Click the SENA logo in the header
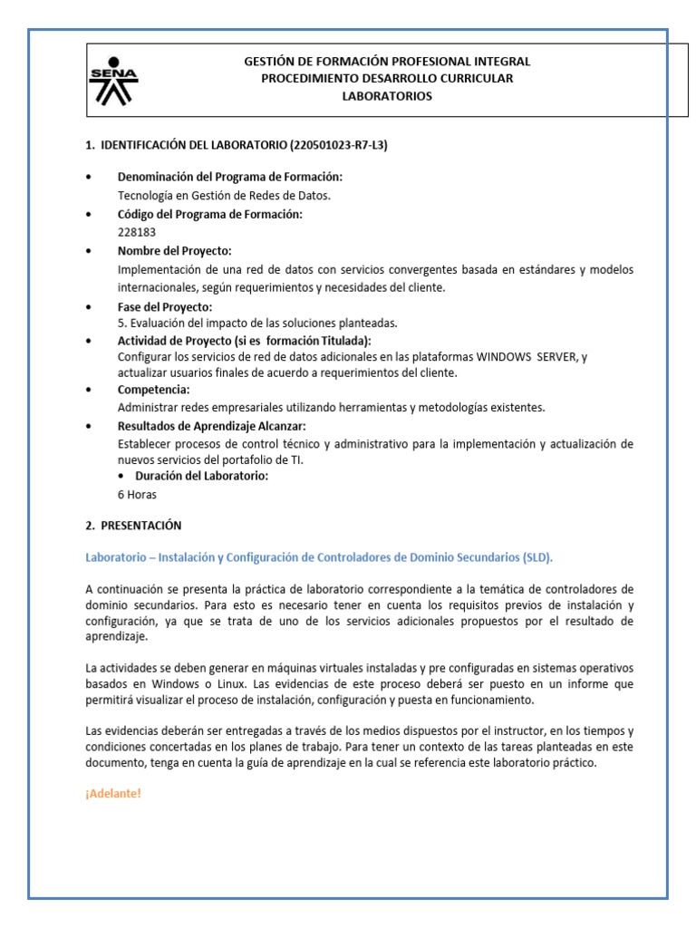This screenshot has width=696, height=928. (x=114, y=81)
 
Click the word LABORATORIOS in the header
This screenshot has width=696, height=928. (x=387, y=96)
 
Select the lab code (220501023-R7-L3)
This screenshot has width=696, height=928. (x=338, y=145)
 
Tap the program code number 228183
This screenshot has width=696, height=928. (x=137, y=232)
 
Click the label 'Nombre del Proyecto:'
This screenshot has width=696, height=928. (x=175, y=250)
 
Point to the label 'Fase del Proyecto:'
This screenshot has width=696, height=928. (x=165, y=306)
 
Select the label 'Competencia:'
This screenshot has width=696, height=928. (x=154, y=389)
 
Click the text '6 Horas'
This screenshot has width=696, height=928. (x=137, y=495)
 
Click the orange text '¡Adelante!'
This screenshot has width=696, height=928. (x=113, y=793)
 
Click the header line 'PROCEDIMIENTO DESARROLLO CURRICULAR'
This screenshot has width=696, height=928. (x=387, y=79)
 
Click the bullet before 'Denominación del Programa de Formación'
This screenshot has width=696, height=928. (x=89, y=177)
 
